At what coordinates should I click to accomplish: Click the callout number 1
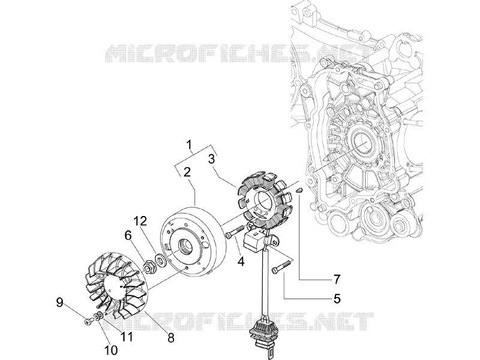point(190,144)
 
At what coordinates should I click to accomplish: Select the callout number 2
point(187,172)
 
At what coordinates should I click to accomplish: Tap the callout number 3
point(212,159)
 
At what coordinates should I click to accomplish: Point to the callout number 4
point(241,261)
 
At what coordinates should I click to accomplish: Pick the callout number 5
point(337,298)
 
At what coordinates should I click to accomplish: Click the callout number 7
point(337,279)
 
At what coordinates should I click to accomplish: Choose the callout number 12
point(140,221)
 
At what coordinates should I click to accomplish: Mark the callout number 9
point(59,303)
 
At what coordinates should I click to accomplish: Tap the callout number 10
point(111,350)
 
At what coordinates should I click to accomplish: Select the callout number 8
point(171,338)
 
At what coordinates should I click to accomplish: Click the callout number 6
point(128,236)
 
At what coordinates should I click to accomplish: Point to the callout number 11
point(127,337)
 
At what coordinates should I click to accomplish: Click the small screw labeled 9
point(88,322)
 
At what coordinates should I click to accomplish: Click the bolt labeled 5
point(281,266)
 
